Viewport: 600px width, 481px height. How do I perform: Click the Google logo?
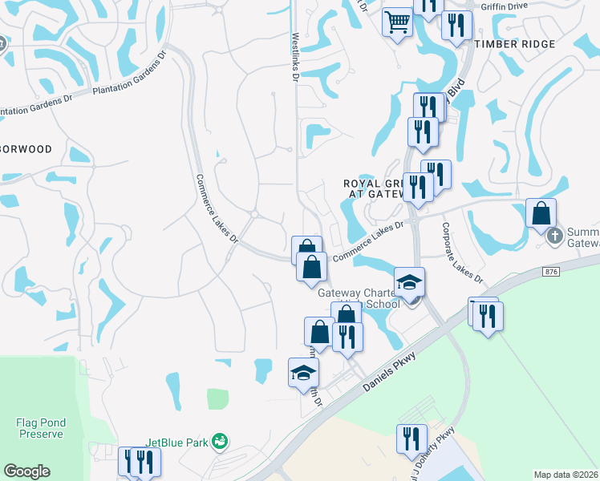pos(26,471)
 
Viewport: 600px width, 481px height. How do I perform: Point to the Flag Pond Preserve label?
pos(39,427)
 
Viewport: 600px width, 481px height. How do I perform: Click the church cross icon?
pos(553,236)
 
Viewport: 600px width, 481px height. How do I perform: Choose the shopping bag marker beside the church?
pos(541,213)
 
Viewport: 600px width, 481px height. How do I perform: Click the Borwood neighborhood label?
pos(26,149)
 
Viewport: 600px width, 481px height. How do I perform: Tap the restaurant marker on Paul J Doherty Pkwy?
pos(411,439)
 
